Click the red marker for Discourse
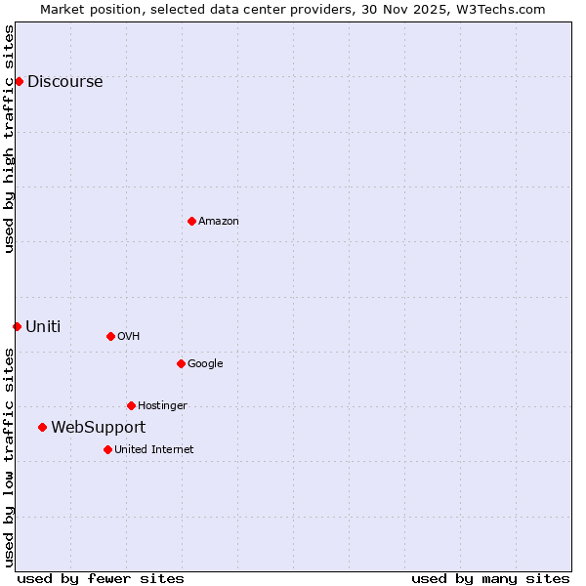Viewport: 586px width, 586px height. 19,81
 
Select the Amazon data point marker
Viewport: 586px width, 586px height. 191,221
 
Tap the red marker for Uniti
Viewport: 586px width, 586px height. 17,326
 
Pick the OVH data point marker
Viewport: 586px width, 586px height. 110,336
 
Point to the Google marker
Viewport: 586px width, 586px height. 181,363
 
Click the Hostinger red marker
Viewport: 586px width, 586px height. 131,405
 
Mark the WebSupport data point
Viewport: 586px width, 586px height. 42,427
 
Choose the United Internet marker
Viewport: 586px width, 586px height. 107,449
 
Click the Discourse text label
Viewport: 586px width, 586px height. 64,82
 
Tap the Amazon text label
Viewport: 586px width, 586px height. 219,222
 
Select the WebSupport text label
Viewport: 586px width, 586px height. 98,428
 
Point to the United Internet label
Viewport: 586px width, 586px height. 154,450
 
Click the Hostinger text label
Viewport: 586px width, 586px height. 162,406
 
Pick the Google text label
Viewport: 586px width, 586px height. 205,364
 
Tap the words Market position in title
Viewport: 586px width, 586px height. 83,9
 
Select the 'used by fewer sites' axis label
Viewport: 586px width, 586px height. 101,578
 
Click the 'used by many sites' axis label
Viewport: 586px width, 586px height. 490,578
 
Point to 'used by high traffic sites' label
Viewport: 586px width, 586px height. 9,139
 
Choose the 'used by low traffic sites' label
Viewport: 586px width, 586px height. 9,457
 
